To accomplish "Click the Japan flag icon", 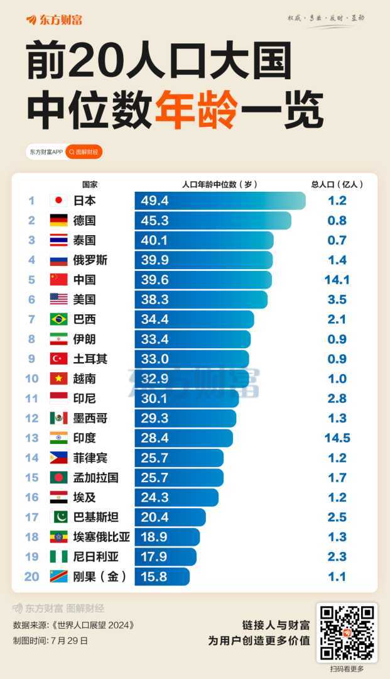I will (x=58, y=201).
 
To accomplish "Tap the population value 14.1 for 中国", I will (x=337, y=280).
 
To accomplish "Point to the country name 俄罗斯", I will (x=90, y=260).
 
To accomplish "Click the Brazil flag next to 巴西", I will (x=58, y=319).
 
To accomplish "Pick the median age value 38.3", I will (x=155, y=300).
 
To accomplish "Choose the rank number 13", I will (x=31, y=438).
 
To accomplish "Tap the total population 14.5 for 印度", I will (x=337, y=438).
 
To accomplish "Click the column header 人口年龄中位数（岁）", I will (x=220, y=184).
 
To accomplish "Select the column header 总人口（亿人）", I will (x=337, y=184).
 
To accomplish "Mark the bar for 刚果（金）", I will (x=161, y=577).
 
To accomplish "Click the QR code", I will (x=347, y=631).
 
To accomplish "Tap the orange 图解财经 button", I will (x=84, y=152).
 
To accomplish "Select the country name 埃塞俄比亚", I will (x=102, y=537).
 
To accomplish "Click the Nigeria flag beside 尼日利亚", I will (x=58, y=556).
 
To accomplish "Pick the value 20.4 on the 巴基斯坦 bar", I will (x=155, y=517).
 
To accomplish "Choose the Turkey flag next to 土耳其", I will (x=58, y=359).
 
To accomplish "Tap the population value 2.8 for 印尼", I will (x=337, y=399).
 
